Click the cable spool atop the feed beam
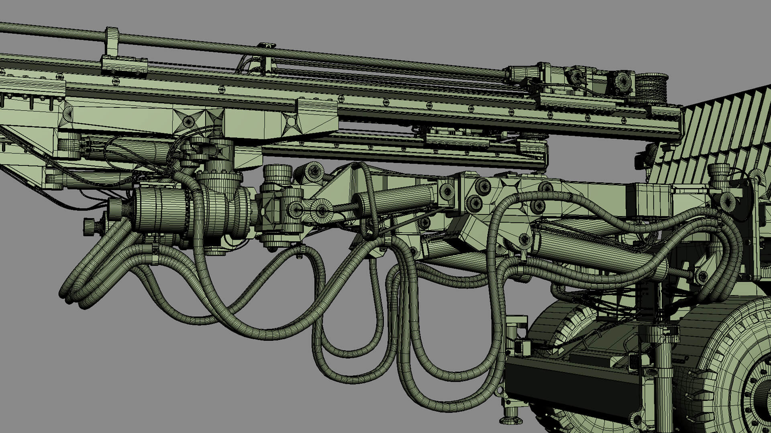[x=651, y=88]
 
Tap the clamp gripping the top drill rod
[x=112, y=42]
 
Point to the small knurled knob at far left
[x=89, y=227]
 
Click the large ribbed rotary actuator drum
[x=161, y=210]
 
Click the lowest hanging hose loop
[x=454, y=397]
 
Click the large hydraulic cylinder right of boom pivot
[x=594, y=245]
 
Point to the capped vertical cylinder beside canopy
[x=718, y=176]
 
